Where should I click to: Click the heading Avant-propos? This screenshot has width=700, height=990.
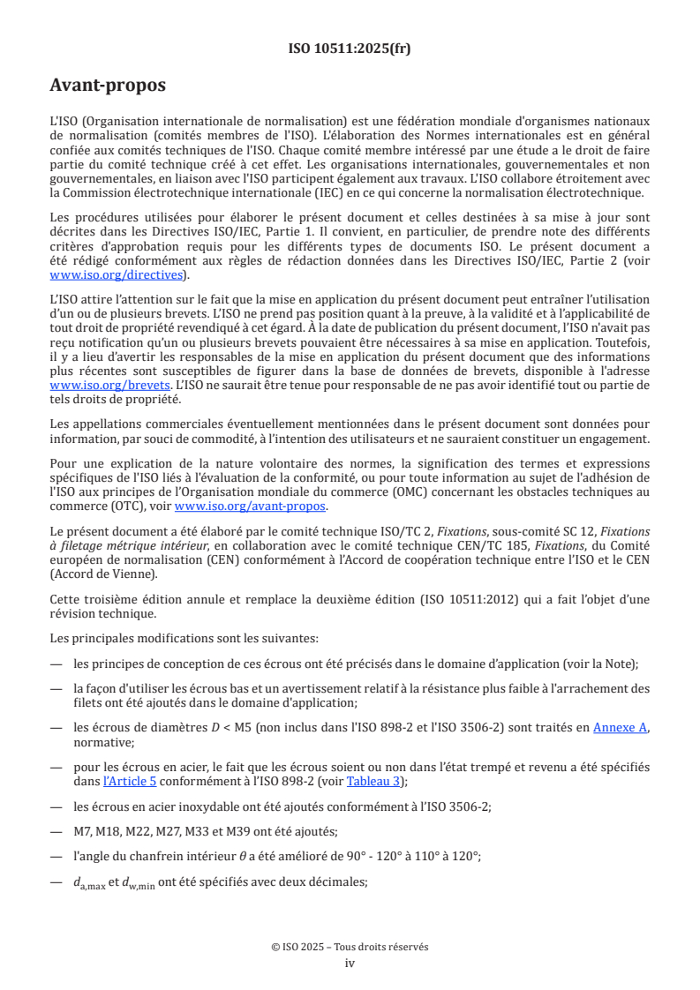tap(107, 86)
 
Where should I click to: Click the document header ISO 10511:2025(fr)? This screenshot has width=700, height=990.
tap(350, 49)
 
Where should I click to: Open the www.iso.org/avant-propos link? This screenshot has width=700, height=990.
tap(251, 506)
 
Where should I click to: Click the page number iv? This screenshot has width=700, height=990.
tap(350, 963)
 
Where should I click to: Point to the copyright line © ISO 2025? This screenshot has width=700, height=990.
tap(350, 947)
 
